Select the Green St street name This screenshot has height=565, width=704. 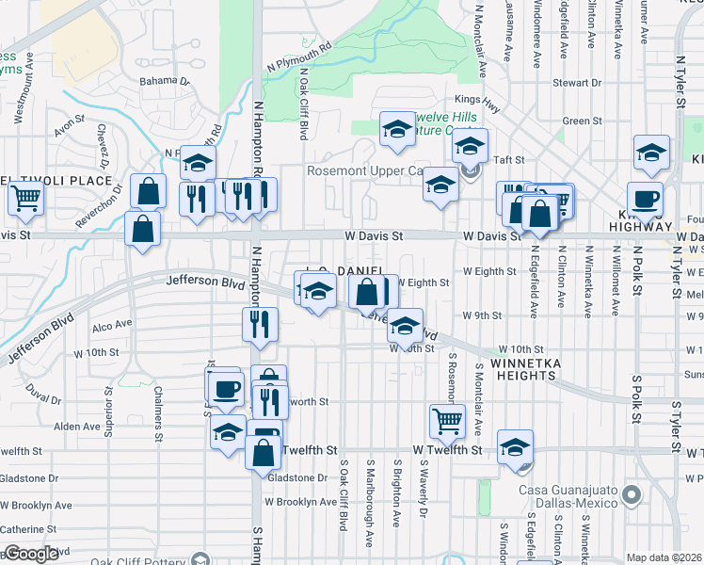[x=582, y=121]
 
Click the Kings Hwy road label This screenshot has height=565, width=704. [x=474, y=98]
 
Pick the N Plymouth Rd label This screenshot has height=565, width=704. [x=300, y=56]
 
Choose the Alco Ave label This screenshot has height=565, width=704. [x=112, y=326]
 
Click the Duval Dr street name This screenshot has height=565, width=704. [x=45, y=388]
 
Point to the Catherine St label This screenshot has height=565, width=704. [x=28, y=530]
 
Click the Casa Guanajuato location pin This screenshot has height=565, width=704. [x=631, y=493]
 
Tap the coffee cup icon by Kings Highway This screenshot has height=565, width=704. [x=645, y=200]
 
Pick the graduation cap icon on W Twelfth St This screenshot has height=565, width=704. [x=515, y=448]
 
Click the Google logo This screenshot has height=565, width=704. [x=31, y=554]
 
